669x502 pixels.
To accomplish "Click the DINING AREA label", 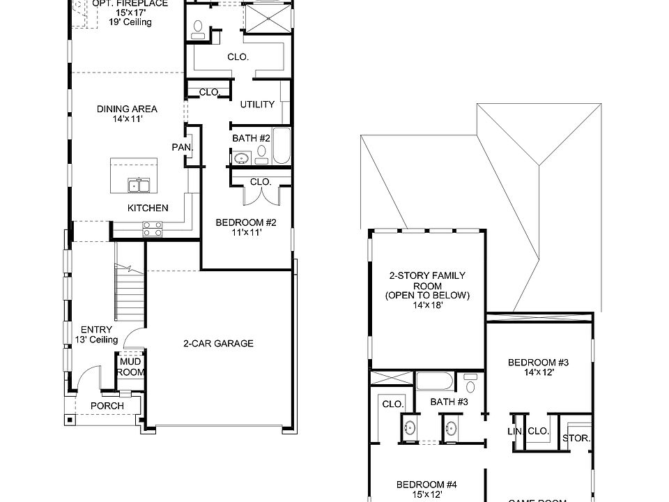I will click(127, 114).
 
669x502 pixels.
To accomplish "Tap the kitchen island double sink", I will click(139, 185).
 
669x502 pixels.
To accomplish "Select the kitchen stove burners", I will click(152, 225).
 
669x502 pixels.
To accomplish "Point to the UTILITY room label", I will click(257, 105).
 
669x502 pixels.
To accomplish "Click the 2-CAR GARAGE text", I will click(218, 343).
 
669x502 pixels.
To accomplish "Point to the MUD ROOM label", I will click(130, 367).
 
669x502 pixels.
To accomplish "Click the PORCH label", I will click(107, 406).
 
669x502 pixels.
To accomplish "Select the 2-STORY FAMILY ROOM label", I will click(427, 289).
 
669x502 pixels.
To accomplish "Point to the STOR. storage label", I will click(576, 439).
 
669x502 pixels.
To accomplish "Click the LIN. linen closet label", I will click(515, 432).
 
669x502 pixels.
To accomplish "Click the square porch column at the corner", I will click(70, 420).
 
